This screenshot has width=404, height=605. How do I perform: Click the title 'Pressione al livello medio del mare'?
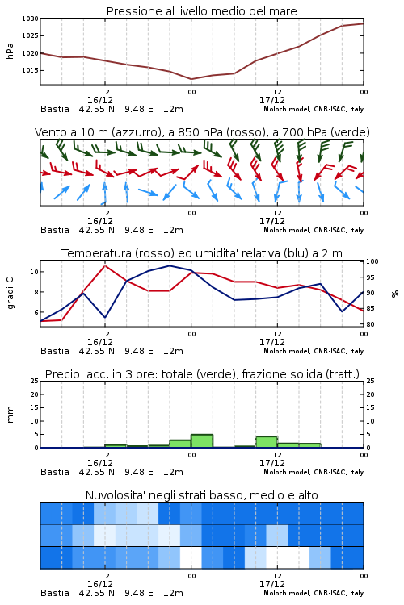(x=201, y=11)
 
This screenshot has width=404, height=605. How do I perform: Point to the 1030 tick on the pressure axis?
(x=30, y=19)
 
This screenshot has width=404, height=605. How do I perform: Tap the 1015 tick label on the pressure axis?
(x=30, y=70)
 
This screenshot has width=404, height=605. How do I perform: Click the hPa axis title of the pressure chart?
(x=10, y=51)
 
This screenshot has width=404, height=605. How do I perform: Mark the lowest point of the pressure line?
(x=191, y=79)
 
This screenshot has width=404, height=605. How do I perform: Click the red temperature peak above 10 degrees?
(x=105, y=265)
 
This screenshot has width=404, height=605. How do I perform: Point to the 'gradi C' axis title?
(x=10, y=294)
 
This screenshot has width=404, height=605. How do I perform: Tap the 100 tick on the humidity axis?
(x=372, y=261)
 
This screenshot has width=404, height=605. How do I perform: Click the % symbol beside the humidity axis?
(x=395, y=294)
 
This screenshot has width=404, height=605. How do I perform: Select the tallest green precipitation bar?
(x=202, y=441)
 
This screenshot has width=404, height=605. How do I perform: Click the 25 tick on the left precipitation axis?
(x=35, y=381)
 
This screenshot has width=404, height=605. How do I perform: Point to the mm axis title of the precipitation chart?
(x=10, y=415)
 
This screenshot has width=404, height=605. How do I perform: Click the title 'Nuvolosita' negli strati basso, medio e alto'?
(x=201, y=495)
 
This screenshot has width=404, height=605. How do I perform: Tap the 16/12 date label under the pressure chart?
(x=100, y=100)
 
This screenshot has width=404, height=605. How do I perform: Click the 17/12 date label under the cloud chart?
(x=272, y=584)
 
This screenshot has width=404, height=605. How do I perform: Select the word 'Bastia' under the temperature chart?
(x=55, y=351)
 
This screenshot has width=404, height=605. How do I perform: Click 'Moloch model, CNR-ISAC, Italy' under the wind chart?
(x=314, y=230)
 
